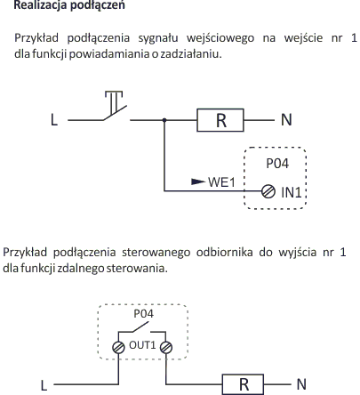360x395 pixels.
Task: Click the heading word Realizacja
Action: [40, 5]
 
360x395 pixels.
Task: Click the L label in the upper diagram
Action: [54, 120]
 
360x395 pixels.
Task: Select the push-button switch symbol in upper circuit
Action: [116, 106]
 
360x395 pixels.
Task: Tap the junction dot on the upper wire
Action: [164, 120]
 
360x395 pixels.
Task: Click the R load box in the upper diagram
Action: [220, 120]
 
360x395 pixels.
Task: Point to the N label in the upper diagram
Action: [286, 120]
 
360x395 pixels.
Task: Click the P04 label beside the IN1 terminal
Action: [277, 164]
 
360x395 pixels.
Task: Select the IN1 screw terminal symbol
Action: [268, 191]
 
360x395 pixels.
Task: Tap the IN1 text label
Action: [292, 193]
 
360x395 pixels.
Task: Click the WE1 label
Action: [221, 182]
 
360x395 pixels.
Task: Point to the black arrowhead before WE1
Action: [198, 181]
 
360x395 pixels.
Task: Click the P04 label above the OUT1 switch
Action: [144, 313]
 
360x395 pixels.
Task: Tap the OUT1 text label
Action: [142, 345]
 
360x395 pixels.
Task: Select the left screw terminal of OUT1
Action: [118, 347]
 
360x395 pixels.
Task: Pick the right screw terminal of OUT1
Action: [166, 347]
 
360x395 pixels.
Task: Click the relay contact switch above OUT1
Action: [141, 330]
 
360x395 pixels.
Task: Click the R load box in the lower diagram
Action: [243, 384]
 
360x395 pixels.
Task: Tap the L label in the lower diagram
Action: [44, 385]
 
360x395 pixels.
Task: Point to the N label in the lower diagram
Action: [301, 384]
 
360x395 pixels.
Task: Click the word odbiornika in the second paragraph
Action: [225, 252]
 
